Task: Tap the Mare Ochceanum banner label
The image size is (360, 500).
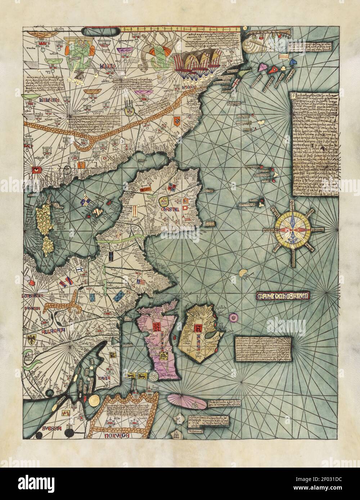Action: click(284, 296)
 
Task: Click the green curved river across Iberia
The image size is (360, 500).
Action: click(119, 240)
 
